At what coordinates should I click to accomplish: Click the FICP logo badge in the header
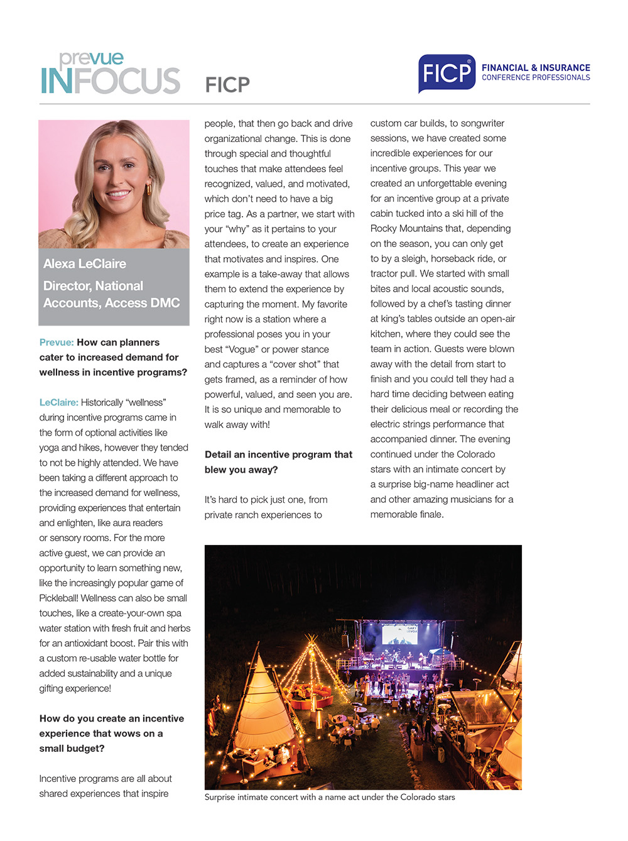[x=447, y=74]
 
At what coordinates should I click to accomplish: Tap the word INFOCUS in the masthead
[x=111, y=82]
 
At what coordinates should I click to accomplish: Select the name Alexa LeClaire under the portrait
[x=85, y=264]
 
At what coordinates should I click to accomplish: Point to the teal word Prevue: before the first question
[x=57, y=343]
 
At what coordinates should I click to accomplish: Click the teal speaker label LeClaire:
[x=58, y=402]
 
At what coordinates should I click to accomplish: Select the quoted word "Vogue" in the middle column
[x=241, y=349]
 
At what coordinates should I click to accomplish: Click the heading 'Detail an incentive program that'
[x=278, y=454]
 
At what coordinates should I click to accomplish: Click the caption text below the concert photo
[x=330, y=797]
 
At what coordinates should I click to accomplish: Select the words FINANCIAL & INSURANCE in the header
[x=536, y=68]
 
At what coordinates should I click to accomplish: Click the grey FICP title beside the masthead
[x=227, y=84]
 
